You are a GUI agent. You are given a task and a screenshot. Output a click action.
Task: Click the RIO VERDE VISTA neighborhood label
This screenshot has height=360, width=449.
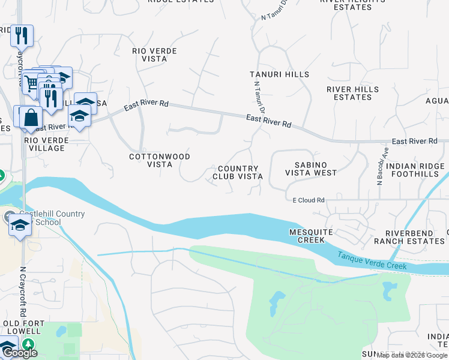click(154, 55)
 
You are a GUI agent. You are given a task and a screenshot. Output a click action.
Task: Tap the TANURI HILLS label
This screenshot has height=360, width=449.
click(279, 74)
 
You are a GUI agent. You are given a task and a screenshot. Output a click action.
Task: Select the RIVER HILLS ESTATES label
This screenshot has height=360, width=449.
click(352, 93)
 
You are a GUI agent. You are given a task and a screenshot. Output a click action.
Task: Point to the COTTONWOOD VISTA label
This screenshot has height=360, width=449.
click(160, 160)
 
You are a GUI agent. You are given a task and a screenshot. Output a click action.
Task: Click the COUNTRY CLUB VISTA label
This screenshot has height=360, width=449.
click(238, 173)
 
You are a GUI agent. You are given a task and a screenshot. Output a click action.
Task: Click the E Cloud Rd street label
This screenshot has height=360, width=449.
click(308, 200)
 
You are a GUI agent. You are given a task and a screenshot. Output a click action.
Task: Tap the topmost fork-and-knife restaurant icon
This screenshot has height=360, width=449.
click(22, 35)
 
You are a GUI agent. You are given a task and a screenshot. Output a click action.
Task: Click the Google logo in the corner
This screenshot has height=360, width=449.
click(19, 353)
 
